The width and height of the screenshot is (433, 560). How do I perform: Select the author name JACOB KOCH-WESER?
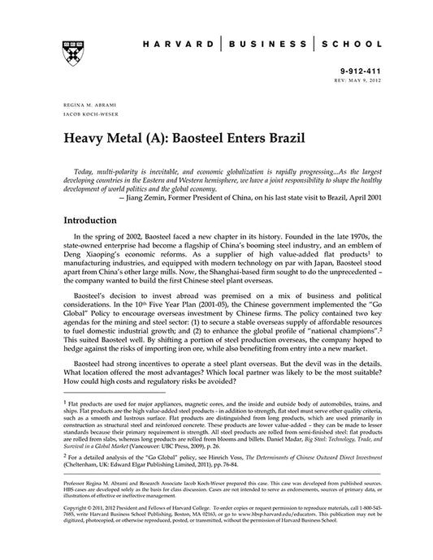(x=87, y=116)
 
